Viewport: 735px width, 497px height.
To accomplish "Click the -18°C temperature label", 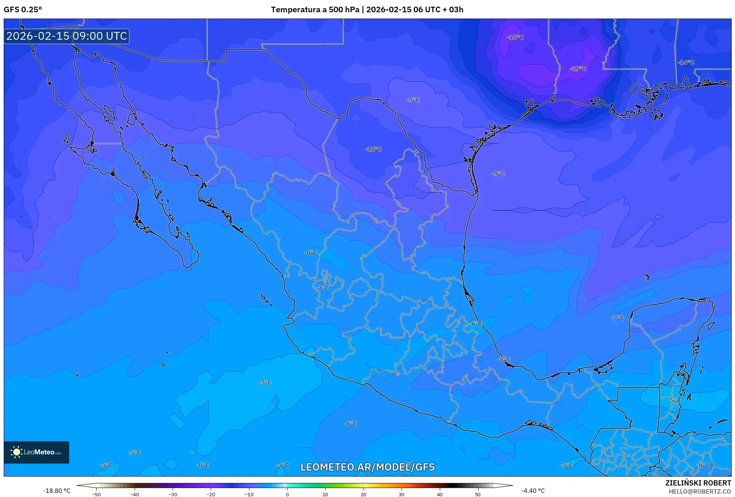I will (x=515, y=37).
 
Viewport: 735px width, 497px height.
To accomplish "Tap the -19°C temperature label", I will (x=578, y=69).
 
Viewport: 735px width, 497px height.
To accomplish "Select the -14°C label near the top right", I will (x=686, y=62).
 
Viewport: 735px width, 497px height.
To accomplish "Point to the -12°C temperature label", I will (x=373, y=149).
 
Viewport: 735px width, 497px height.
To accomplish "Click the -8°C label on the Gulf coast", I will (x=504, y=359).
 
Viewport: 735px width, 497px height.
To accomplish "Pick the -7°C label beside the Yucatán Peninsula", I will (x=618, y=318).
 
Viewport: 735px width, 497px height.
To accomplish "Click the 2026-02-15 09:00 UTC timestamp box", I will (x=67, y=36).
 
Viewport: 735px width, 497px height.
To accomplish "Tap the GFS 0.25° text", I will (x=23, y=10).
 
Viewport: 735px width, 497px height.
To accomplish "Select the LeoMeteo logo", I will (x=36, y=452).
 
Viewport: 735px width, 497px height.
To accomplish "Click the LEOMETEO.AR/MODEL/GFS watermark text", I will (x=367, y=467).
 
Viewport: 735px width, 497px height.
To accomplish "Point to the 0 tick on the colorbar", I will (x=287, y=494).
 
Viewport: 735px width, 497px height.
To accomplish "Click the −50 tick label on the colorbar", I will (x=96, y=494).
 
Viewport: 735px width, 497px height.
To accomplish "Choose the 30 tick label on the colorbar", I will (x=402, y=494).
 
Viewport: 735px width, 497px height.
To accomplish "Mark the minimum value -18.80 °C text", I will (x=57, y=491).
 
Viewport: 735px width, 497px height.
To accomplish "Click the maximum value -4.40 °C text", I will (x=533, y=491).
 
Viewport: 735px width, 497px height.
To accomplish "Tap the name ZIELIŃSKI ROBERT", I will (x=698, y=483).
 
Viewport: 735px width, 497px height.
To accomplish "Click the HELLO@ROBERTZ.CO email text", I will (x=700, y=491).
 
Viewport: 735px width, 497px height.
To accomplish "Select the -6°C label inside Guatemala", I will (x=703, y=465).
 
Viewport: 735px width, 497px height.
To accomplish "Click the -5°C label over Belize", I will (x=674, y=400).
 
